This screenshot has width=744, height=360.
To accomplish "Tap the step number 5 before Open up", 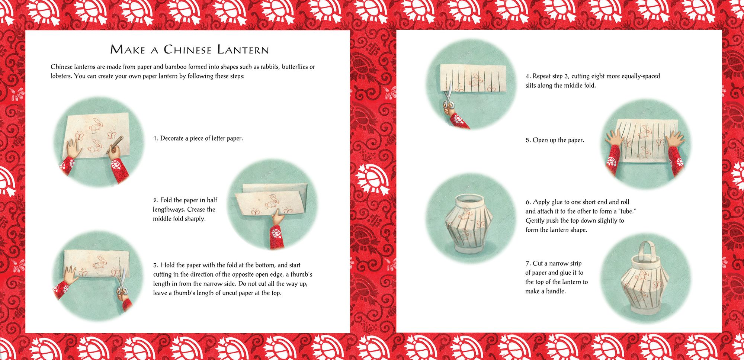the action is pyautogui.click(x=528, y=140).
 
